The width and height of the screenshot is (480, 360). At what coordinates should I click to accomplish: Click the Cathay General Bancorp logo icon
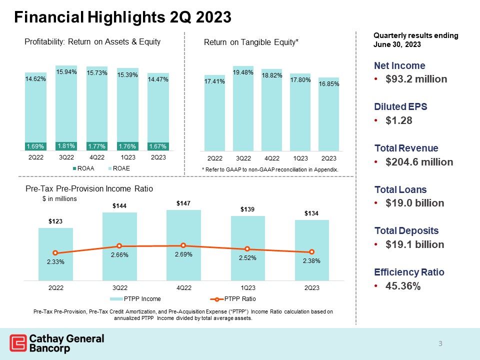pos(18,343)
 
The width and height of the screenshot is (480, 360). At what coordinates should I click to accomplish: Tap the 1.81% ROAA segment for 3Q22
pos(66,146)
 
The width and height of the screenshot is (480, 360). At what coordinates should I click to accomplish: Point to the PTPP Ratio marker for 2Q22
pos(55,253)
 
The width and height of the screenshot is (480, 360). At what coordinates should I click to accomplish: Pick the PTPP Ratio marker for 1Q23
pos(247,249)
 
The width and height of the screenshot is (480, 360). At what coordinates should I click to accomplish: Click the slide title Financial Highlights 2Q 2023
pos(122,17)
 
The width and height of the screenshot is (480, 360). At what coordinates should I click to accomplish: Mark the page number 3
pos(440,343)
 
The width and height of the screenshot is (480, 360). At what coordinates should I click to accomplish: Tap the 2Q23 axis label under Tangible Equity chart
pos(329,158)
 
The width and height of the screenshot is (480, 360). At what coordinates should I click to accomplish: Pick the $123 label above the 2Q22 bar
pos(55,221)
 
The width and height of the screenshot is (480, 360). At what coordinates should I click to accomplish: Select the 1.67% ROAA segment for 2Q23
pos(158,146)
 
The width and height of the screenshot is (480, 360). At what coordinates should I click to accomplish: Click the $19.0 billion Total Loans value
pos(409,203)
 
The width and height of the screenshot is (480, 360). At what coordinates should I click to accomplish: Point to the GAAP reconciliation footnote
pos(269,170)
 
